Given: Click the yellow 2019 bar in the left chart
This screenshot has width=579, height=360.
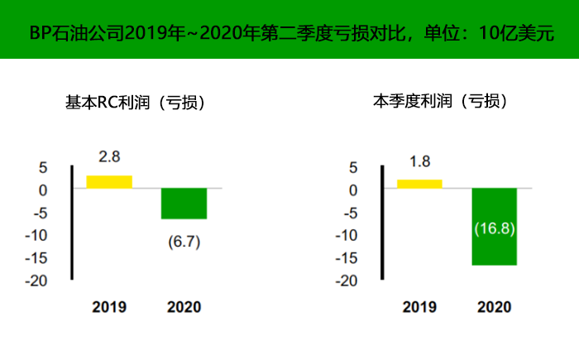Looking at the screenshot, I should tap(109, 182).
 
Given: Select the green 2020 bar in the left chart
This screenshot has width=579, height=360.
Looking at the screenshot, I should tap(184, 204).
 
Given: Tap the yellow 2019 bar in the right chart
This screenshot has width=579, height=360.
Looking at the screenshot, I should tap(419, 184).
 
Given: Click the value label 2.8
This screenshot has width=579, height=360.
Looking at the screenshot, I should tap(109, 157).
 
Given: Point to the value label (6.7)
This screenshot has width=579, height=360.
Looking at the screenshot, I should tap(184, 242).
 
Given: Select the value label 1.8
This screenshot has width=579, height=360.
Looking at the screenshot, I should tap(419, 161).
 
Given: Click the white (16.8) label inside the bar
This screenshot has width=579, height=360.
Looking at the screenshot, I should tap(494, 227).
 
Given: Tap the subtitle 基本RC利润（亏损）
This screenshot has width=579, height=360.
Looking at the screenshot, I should tap(135, 103).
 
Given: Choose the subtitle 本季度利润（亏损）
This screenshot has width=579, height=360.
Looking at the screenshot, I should tap(440, 103).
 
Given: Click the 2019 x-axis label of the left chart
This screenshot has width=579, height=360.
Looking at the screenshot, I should tap(109, 307).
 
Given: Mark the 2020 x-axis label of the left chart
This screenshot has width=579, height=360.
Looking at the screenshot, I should tap(184, 307).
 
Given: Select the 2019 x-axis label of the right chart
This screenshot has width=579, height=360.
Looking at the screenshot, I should tap(419, 307).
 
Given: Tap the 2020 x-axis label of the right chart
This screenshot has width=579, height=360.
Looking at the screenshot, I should tap(494, 307).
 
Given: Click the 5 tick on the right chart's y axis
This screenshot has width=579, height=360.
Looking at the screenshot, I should tap(353, 167).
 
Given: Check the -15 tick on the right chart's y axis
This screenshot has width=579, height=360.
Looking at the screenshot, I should tap(347, 258).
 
